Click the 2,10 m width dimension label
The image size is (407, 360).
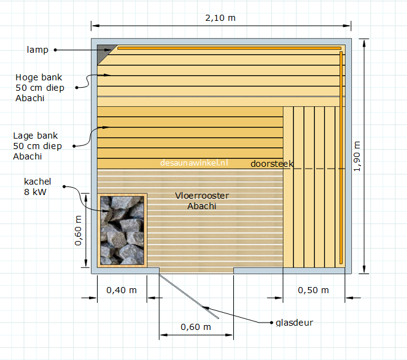click(220, 18)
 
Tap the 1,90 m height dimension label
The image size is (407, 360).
click(357, 156)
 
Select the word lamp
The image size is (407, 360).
click(37, 50)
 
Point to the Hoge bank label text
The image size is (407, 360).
click(40, 88)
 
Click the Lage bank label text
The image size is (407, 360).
click(37, 146)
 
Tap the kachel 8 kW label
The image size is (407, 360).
click(37, 186)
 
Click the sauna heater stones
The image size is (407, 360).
click(122, 231)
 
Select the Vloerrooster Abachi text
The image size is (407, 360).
click(202, 201)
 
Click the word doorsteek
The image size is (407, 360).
click(272, 164)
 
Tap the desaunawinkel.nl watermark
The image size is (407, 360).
click(194, 163)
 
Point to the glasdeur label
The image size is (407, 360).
click(294, 323)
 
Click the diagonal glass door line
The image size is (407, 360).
click(189, 296)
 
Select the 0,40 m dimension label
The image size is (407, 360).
click(122, 290)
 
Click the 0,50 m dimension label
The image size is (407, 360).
click(313, 290)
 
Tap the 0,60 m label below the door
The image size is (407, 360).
click(196, 327)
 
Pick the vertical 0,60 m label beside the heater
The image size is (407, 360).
click(78, 231)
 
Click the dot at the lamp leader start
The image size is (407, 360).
click(55, 50)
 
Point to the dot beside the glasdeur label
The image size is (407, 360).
click(271, 323)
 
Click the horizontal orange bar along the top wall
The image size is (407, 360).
click(229, 48)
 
